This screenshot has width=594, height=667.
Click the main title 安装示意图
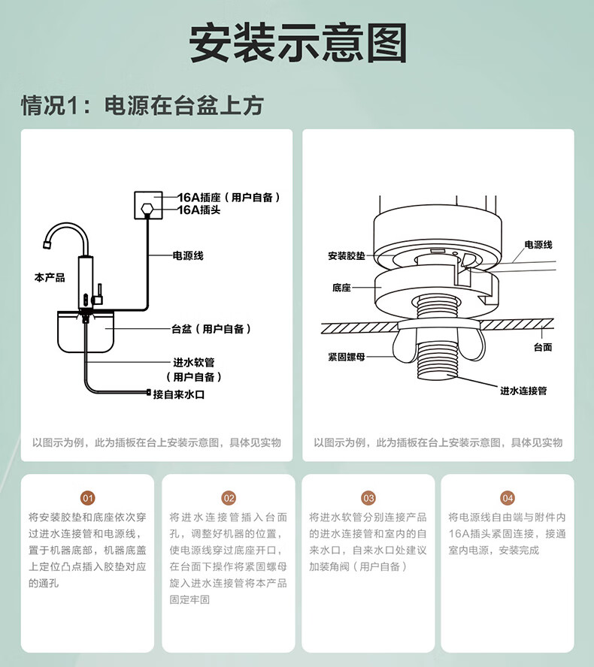pos(297,43)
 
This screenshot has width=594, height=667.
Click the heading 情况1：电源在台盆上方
pos(142,105)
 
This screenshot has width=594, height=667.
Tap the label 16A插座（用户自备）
pos(229,198)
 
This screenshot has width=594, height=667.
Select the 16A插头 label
pos(193,210)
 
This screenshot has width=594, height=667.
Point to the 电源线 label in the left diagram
pos(188,256)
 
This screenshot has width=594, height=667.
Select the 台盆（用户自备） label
pos(211,329)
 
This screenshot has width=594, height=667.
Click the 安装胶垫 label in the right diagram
pos(347,256)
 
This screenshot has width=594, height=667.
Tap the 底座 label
pos(341,288)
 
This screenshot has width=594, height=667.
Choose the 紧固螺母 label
pos(347,358)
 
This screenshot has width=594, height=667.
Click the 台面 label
pos(543,347)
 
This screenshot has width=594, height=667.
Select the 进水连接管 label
pos(523,391)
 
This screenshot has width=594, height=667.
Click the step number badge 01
pos(88,498)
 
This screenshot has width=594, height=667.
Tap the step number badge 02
pos(229,498)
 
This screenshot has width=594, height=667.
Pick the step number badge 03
pos(368,498)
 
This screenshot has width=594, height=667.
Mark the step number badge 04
pos(508,498)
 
